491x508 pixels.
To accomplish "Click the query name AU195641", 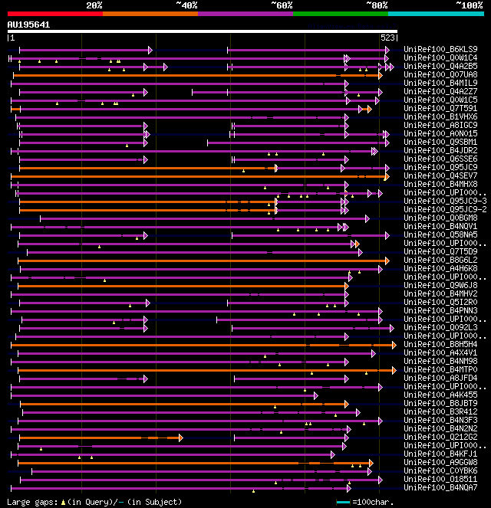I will pyautogui.click(x=28, y=25).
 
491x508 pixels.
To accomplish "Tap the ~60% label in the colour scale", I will pyautogui.click(x=282, y=5).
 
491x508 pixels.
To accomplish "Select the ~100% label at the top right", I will pyautogui.click(x=469, y=5).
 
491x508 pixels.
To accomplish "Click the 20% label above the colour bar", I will pyautogui.click(x=94, y=5).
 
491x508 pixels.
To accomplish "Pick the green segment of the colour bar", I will pyautogui.click(x=340, y=14).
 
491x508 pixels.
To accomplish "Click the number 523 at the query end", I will pyautogui.click(x=388, y=37).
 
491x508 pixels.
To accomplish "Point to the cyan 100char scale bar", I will pyautogui.click(x=343, y=503).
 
